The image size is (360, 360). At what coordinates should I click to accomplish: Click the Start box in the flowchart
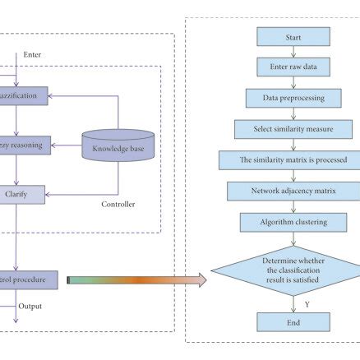click(293, 36)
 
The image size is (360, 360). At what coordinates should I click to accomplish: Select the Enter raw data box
click(293, 67)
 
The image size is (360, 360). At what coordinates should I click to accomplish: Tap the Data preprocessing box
click(293, 98)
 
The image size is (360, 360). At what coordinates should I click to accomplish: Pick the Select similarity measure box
click(293, 129)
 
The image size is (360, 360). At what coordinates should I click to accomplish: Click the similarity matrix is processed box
click(293, 159)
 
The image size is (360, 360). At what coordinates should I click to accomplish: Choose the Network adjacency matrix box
click(293, 191)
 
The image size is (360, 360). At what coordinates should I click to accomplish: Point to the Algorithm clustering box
click(293, 222)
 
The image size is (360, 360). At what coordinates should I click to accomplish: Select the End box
click(293, 322)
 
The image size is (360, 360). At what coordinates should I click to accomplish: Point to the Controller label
click(118, 204)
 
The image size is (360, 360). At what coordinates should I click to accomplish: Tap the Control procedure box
click(29, 279)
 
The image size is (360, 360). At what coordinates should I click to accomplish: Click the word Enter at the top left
click(32, 55)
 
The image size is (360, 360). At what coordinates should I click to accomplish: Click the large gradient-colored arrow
click(136, 281)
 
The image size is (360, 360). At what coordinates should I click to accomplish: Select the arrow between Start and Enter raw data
click(293, 52)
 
